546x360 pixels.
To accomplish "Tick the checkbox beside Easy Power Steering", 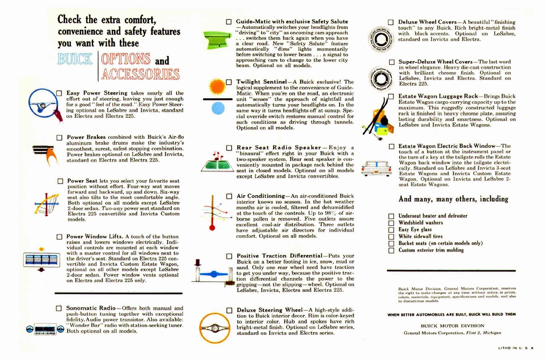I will (x=59, y=93).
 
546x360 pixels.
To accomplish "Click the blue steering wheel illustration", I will (x=43, y=103).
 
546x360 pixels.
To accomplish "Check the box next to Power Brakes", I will (x=59, y=138).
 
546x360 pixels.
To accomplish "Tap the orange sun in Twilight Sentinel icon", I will (x=218, y=86).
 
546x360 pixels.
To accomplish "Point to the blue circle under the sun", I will (x=218, y=108).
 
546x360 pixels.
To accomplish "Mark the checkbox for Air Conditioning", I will (x=229, y=197).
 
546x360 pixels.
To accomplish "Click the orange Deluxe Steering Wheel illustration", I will (x=214, y=327).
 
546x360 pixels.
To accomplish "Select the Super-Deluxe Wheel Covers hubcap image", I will (x=381, y=78).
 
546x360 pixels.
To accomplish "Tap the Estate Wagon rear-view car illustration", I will (x=376, y=168).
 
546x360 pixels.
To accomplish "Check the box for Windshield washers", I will (x=391, y=223).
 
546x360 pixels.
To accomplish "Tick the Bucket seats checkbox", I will (x=391, y=243).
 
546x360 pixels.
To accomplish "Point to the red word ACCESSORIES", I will (x=140, y=74).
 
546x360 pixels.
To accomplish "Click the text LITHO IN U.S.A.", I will (x=516, y=348).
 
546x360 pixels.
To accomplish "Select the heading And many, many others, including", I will (x=453, y=199).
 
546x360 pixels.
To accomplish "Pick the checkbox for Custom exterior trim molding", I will (x=391, y=250).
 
